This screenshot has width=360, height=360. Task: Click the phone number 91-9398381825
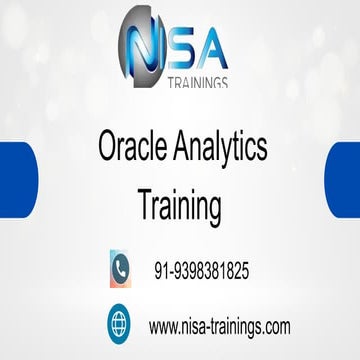[x=201, y=270]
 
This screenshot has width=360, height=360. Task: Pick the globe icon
[x=121, y=325]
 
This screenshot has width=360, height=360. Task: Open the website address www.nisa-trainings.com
[x=219, y=326]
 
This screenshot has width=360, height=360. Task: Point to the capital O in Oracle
[x=108, y=149]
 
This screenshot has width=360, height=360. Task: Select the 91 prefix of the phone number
[x=160, y=270]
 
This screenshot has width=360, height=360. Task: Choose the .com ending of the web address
[x=275, y=327]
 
